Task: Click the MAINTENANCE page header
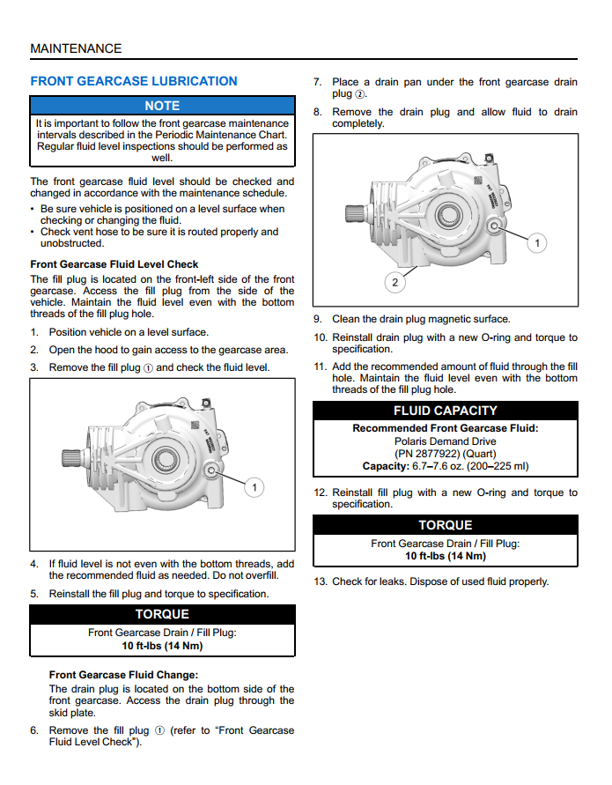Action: click(76, 48)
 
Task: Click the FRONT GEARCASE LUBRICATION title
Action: click(134, 81)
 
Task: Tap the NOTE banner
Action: click(162, 106)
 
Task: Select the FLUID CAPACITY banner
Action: click(446, 411)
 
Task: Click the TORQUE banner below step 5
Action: click(162, 614)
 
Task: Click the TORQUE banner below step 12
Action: click(446, 525)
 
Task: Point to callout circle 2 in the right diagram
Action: click(394, 282)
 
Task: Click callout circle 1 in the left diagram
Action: click(254, 487)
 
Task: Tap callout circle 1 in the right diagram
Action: click(538, 242)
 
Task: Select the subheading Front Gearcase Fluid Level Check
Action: click(114, 264)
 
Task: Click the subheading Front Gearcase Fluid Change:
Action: click(123, 675)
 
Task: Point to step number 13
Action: click(321, 581)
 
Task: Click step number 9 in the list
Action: click(318, 320)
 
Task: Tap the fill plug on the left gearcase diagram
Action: click(212, 472)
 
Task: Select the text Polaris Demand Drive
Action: click(446, 441)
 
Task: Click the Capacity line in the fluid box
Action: click(446, 466)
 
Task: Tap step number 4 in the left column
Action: click(34, 564)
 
